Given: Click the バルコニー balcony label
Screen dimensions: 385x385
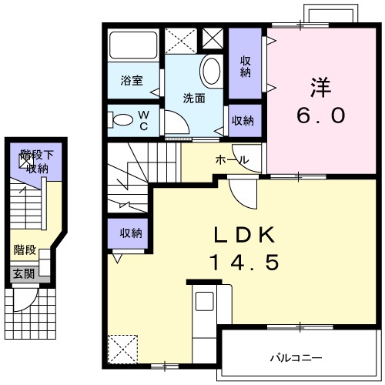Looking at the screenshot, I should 296,357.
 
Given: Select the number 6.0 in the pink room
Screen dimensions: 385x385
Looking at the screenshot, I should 322,115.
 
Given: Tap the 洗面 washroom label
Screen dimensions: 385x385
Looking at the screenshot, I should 193,98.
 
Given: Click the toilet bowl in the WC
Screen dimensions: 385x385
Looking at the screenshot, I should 122,120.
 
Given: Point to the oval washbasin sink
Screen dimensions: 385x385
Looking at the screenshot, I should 209,72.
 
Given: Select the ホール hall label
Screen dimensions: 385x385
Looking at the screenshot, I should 231,160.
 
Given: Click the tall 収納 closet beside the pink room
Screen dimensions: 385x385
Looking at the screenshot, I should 246,66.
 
